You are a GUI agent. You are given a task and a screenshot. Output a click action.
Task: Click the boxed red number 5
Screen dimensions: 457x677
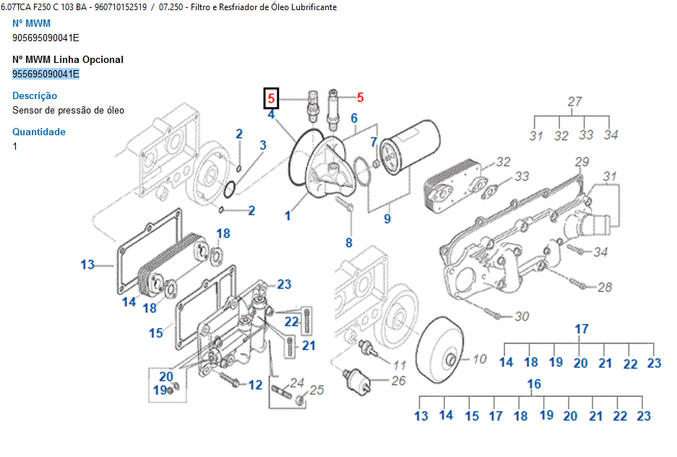(272, 98)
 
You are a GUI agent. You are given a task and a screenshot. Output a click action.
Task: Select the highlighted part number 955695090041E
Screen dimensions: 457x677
(46, 74)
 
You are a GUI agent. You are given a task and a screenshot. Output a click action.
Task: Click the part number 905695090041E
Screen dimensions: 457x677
(46, 38)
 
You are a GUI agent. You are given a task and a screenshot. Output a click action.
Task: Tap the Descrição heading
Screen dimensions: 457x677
(35, 95)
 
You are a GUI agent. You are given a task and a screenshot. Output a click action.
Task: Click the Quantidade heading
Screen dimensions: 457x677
(39, 132)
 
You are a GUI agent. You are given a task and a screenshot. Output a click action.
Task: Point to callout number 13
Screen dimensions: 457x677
(87, 265)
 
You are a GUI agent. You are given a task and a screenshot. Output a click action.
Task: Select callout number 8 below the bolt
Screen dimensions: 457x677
(349, 243)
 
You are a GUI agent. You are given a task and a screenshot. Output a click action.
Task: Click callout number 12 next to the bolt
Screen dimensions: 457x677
(255, 385)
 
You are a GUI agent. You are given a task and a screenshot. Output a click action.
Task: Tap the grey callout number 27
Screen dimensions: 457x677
(574, 102)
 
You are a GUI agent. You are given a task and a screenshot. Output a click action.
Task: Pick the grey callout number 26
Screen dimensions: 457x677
(399, 380)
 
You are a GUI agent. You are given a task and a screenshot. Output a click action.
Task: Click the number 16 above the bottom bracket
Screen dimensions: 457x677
(534, 383)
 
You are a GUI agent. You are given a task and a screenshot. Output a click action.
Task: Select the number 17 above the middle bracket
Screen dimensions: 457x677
(582, 329)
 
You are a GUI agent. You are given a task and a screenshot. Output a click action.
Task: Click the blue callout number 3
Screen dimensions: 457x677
(263, 145)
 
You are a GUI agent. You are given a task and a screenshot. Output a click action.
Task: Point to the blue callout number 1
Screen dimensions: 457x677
(288, 215)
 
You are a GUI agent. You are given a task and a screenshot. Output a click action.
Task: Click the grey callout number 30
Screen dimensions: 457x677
(522, 317)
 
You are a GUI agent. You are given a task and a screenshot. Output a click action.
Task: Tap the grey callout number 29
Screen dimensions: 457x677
(582, 161)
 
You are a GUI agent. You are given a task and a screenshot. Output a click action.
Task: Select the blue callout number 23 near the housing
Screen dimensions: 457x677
(284, 284)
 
